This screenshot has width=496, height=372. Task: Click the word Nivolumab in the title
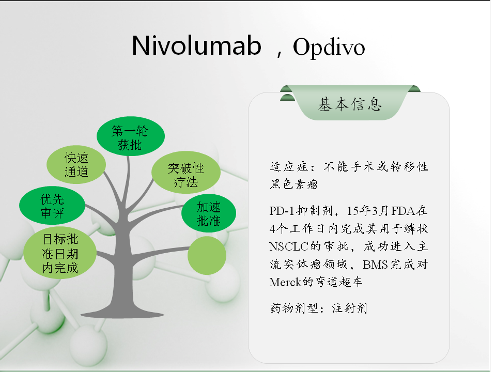tap(196, 46)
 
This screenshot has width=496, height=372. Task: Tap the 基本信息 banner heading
tap(350, 104)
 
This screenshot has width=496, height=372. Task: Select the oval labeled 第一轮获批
tap(130, 136)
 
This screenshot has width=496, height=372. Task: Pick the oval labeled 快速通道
tap(76, 164)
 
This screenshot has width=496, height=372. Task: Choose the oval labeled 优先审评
tap(52, 205)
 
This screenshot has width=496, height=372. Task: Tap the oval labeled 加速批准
tap(209, 213)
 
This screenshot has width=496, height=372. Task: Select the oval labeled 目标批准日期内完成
tap(60, 253)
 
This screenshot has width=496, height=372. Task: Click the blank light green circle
tap(207, 256)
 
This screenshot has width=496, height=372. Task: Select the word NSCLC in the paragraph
tap(288, 246)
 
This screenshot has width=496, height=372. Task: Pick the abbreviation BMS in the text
tap(376, 265)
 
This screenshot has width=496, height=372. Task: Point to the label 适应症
tap(288, 167)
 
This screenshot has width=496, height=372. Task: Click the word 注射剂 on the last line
tap(350, 308)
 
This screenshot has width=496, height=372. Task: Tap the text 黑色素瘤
tap(293, 184)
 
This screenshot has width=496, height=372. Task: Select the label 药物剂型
tap(294, 308)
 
